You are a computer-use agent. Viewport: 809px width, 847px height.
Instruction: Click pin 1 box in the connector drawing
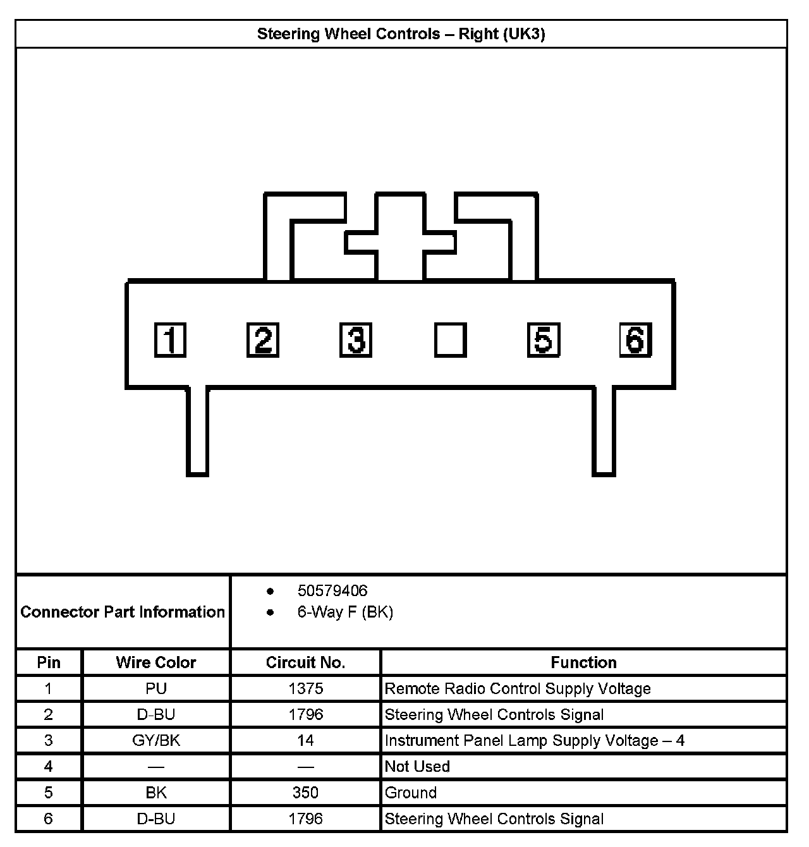pyautogui.click(x=170, y=340)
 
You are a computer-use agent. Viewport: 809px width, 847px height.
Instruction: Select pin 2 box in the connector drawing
pyautogui.click(x=263, y=340)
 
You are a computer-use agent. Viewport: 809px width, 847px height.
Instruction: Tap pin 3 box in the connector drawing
pyautogui.click(x=356, y=340)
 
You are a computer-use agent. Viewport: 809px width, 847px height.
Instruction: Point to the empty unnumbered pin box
pyautogui.click(x=450, y=340)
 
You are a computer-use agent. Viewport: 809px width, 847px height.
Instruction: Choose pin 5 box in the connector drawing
pyautogui.click(x=543, y=340)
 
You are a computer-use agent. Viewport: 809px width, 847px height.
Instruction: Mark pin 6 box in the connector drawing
pyautogui.click(x=635, y=340)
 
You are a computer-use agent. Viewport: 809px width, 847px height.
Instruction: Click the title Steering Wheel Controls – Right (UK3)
pyautogui.click(x=401, y=34)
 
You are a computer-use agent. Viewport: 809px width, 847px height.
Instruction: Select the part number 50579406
pyautogui.click(x=332, y=591)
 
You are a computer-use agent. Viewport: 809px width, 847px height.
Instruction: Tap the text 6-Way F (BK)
pyautogui.click(x=345, y=612)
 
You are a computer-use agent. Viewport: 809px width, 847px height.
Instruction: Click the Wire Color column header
pyautogui.click(x=156, y=662)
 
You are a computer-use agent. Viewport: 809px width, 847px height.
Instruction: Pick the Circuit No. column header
pyautogui.click(x=305, y=662)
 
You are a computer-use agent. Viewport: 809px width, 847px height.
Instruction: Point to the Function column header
pyautogui.click(x=583, y=662)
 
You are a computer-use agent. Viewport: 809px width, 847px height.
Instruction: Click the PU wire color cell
pyautogui.click(x=156, y=688)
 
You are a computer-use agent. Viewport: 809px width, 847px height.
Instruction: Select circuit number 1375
pyautogui.click(x=305, y=688)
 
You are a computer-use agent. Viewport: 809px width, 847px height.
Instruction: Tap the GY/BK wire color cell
pyautogui.click(x=156, y=740)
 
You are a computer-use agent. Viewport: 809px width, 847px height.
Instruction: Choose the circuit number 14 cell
pyautogui.click(x=305, y=740)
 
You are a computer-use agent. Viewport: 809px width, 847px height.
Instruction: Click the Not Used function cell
pyautogui.click(x=417, y=767)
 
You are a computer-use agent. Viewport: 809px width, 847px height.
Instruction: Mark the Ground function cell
pyautogui.click(x=411, y=793)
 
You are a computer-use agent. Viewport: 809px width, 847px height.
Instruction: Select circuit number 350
pyautogui.click(x=305, y=793)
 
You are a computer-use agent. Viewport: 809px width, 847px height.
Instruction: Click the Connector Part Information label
pyautogui.click(x=123, y=612)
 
